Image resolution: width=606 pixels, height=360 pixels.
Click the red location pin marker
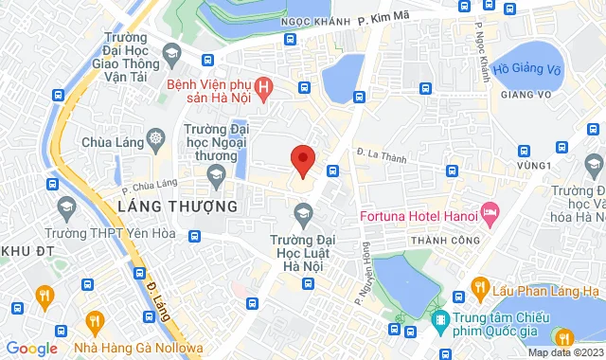click(x=302, y=160)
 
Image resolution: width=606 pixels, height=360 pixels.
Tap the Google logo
click(x=30, y=348)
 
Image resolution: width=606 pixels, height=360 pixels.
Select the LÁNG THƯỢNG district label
click(x=177, y=206)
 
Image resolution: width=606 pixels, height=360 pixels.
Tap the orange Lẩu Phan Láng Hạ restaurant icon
click(x=481, y=289)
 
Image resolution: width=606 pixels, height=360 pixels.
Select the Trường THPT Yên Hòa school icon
click(x=66, y=206)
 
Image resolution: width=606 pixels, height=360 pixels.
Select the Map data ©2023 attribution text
click(x=564, y=352)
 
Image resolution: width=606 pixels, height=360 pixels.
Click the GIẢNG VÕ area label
click(x=519, y=94)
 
